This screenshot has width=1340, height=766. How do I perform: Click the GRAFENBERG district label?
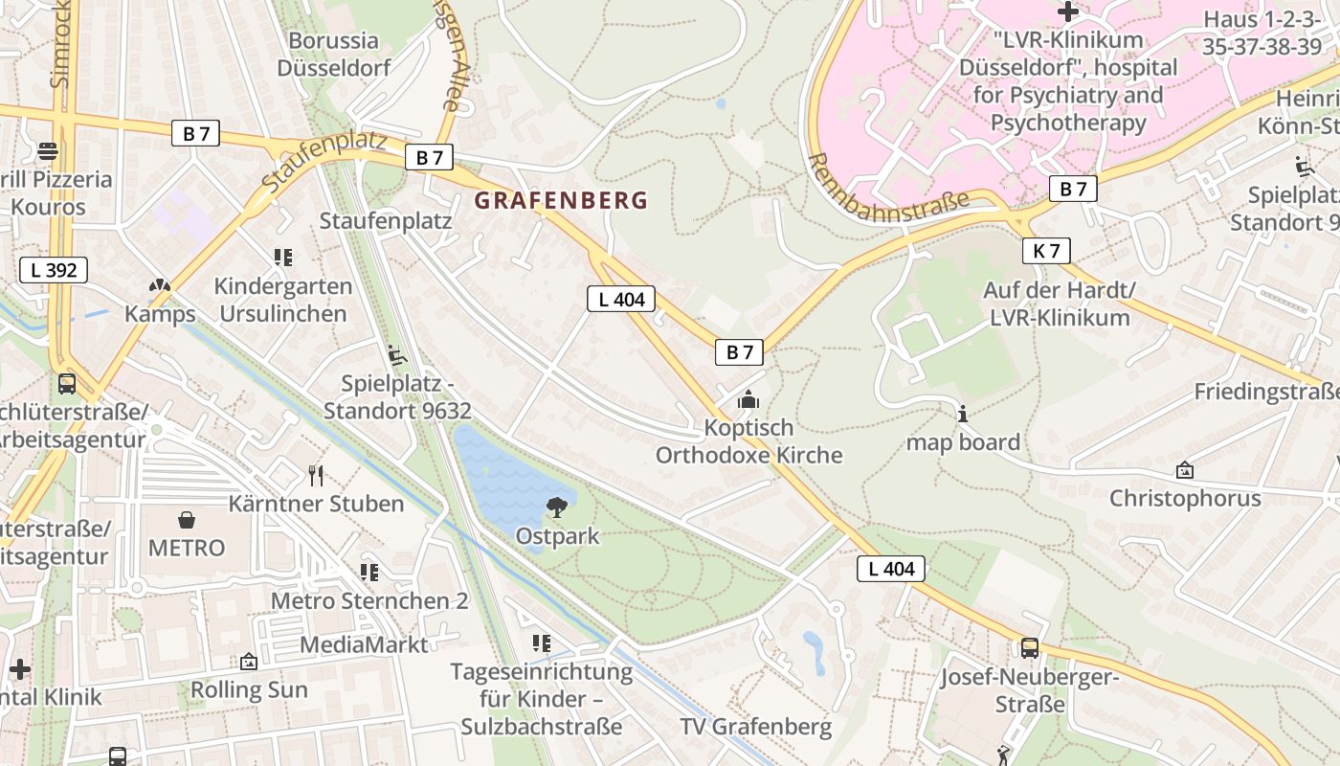(562, 201)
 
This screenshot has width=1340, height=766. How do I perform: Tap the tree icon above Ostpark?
(556, 507)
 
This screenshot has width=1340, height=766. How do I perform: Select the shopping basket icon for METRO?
(187, 520)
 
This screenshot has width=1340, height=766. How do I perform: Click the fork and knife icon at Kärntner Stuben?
(316, 475)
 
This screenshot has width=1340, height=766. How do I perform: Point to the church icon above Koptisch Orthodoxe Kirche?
(748, 399)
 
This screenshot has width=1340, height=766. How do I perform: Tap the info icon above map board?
(963, 414)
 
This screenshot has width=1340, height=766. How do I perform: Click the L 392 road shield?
(54, 270)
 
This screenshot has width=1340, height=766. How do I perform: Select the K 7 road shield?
(1046, 251)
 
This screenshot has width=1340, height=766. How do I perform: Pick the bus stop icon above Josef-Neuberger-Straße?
(1029, 648)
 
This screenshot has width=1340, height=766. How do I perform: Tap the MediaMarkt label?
(364, 644)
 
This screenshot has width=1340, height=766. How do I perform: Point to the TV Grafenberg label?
(756, 727)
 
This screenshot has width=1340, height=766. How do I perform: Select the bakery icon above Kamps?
(160, 285)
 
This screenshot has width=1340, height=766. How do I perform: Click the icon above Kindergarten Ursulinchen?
(282, 257)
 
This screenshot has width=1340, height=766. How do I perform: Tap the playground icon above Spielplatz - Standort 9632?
(396, 355)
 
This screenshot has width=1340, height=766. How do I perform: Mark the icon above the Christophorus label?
(1185, 470)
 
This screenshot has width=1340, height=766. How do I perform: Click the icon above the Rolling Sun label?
(249, 662)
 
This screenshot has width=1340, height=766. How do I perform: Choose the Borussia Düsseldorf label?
(334, 55)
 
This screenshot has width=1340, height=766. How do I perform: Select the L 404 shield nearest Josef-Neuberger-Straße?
(891, 569)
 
